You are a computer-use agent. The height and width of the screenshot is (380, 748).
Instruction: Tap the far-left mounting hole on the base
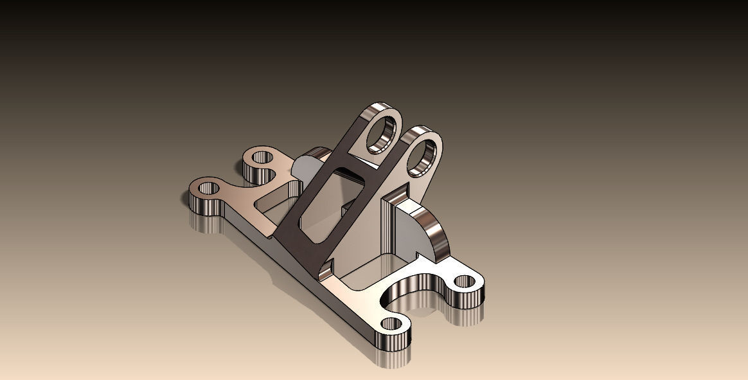point(208,189)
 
